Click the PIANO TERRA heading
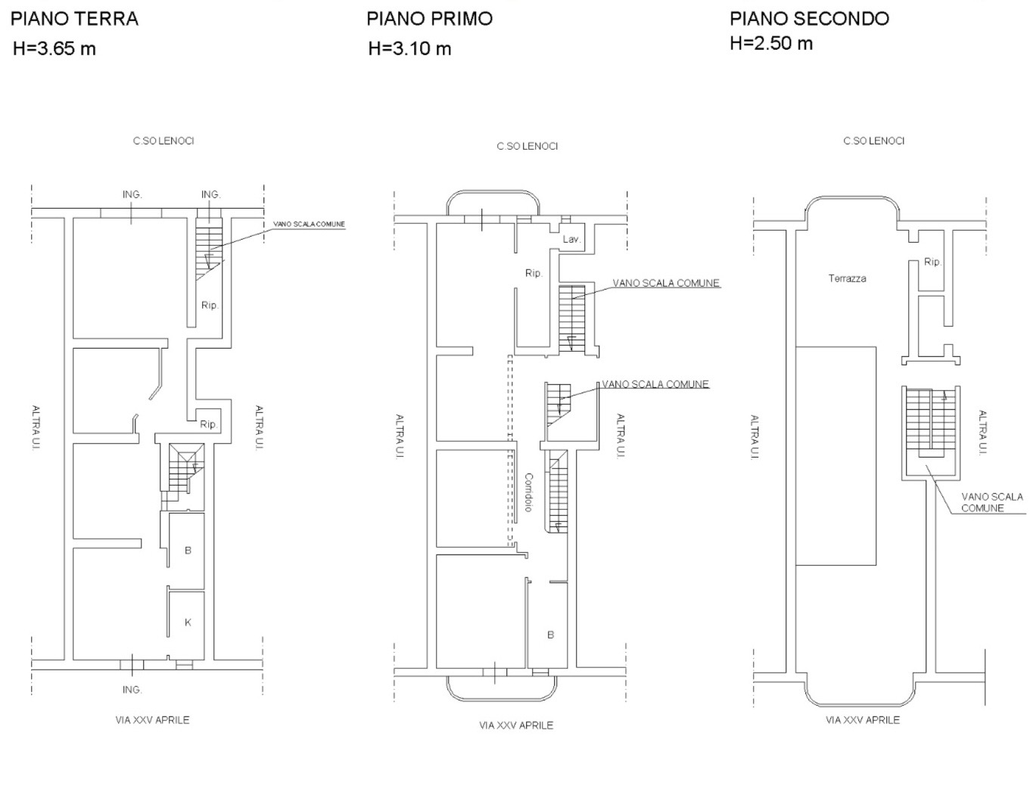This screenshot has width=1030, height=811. tap(75, 19)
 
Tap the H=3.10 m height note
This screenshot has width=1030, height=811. tap(409, 48)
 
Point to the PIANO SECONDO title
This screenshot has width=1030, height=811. tap(809, 19)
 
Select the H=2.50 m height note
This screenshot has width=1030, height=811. tap(771, 43)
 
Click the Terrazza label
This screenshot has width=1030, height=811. tap(847, 278)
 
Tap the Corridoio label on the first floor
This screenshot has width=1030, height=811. tap(528, 493)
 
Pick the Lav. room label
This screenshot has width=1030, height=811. tap(571, 239)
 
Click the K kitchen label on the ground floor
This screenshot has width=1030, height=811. tap(188, 622)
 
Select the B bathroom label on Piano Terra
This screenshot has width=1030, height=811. tap(188, 550)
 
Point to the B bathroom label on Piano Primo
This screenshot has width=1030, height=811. tap(550, 635)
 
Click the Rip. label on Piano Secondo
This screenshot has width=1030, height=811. tap(932, 263)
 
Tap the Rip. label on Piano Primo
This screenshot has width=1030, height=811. tap(534, 273)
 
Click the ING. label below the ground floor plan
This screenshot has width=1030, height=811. tap(132, 689)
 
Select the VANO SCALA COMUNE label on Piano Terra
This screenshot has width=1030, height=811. tap(310, 224)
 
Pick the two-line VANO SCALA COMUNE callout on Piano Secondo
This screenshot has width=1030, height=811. tap(992, 502)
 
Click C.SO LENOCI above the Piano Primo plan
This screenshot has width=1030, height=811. tap(527, 147)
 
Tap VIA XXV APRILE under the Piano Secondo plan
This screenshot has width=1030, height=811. tap(863, 720)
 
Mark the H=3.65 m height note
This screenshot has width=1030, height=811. tap(54, 48)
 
